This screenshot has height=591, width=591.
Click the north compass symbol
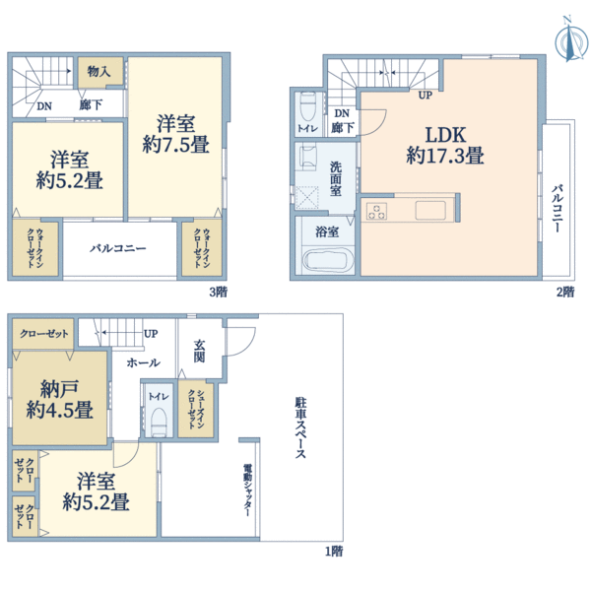tap(571, 39)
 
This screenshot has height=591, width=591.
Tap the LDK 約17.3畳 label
tap(445, 145)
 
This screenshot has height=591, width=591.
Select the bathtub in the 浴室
tap(329, 259)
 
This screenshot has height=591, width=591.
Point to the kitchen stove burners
tap(376, 211)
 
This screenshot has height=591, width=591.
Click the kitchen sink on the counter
tap(430, 211)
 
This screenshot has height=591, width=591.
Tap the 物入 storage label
tap(98, 71)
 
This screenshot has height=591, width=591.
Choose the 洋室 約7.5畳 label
tap(175, 134)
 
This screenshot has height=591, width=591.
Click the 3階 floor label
tap(219, 293)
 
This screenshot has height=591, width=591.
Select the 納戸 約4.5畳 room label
tap(59, 399)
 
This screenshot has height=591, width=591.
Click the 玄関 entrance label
tap(199, 351)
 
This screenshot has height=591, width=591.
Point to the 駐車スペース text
tap(300, 427)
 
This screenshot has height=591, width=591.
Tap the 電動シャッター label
tap(247, 490)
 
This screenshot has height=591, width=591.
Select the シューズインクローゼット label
tap(196, 409)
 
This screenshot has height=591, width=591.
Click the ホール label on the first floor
tap(143, 362)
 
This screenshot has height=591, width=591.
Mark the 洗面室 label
tap(336, 178)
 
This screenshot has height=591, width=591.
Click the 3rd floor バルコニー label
tap(117, 248)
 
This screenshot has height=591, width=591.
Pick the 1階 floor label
tap(334, 552)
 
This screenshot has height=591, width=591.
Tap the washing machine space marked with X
tap(306, 198)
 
